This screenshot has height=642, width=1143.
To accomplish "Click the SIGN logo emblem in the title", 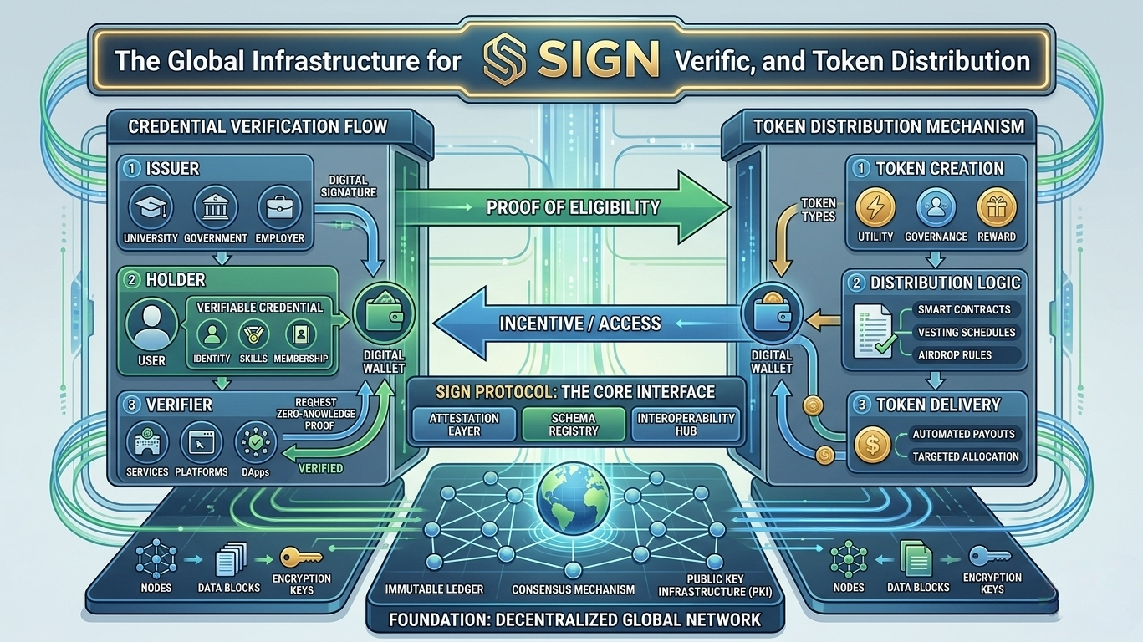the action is coord(506,59).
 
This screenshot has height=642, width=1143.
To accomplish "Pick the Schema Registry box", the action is coord(574,424).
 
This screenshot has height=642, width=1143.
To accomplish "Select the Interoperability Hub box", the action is coord(686,424).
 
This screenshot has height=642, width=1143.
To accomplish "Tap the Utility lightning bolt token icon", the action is coord(875,208).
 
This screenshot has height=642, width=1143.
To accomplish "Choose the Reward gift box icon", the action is coord(997,208).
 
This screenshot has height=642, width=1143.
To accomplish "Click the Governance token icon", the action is coord(936,208).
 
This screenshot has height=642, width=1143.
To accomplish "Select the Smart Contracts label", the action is coord(964,309).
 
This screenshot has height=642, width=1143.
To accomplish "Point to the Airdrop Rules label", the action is coord(954,354).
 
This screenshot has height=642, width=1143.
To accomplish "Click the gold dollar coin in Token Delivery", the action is coord(872,446).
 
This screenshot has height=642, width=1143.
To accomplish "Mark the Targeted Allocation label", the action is coord(966,456).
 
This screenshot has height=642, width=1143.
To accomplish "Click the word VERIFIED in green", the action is coord(320,468).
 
